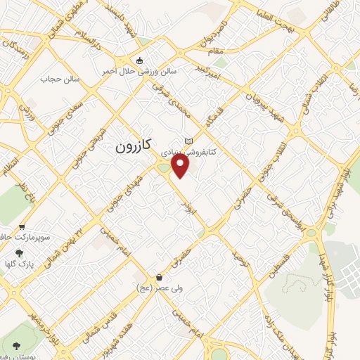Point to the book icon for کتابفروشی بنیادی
(187, 141)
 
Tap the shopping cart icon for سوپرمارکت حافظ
(22, 227)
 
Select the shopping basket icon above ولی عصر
(160, 277)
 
